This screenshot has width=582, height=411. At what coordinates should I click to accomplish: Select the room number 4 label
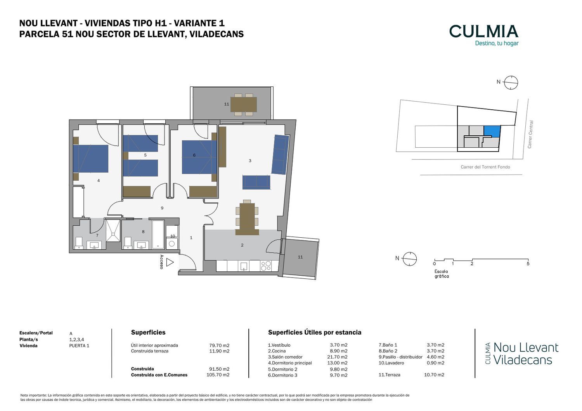click(99, 180)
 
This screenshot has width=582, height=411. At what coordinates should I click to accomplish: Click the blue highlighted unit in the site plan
click(492, 131)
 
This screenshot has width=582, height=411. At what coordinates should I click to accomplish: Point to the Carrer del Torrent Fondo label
click(485, 167)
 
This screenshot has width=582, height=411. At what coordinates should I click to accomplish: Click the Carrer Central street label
click(530, 134)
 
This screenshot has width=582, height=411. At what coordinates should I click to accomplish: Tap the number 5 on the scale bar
click(528, 264)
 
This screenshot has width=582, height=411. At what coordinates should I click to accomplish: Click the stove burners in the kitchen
click(266, 266)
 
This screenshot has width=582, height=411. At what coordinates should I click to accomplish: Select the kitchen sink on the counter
click(244, 266)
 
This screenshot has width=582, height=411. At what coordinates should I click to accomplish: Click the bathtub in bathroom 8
click(158, 235)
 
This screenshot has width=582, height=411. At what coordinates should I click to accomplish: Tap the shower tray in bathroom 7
click(113, 231)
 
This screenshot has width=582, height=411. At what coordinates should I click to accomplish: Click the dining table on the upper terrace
click(243, 104)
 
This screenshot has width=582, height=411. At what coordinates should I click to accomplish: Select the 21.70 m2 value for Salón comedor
click(337, 357)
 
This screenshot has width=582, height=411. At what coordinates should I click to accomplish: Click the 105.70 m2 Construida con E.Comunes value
click(218, 375)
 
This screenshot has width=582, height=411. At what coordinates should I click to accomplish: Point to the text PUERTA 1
click(79, 345)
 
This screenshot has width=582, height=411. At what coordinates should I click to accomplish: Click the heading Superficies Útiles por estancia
click(314, 332)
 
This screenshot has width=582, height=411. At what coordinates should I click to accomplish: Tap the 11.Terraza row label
click(389, 375)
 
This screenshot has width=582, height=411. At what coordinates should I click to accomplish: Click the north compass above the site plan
click(511, 83)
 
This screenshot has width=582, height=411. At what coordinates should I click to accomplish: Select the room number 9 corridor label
click(162, 208)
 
